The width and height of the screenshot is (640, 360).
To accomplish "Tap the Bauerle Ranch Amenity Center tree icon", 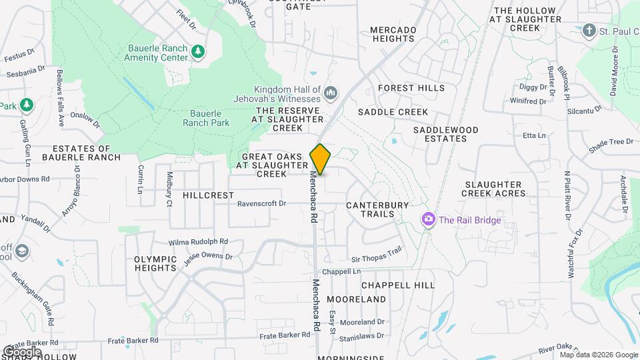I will click(x=197, y=51).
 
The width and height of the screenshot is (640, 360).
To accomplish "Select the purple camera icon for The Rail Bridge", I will click(x=428, y=219).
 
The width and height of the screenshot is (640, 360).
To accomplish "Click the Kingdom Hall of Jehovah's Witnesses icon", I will click(x=331, y=91).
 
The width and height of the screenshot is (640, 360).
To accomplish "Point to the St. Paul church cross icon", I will click(x=588, y=30).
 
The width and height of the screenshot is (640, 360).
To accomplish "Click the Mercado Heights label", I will click(x=393, y=34).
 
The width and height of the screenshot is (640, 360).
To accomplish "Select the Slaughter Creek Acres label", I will click(x=495, y=189).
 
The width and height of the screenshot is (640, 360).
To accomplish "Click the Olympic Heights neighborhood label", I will click(x=155, y=263).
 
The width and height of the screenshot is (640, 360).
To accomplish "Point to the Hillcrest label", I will click(x=208, y=195).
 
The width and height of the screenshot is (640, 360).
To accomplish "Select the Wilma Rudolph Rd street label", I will click(x=198, y=241).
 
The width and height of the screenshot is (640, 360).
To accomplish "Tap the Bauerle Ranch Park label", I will click(x=206, y=118).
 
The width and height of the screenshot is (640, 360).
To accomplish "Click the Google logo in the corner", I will click(x=21, y=351).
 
